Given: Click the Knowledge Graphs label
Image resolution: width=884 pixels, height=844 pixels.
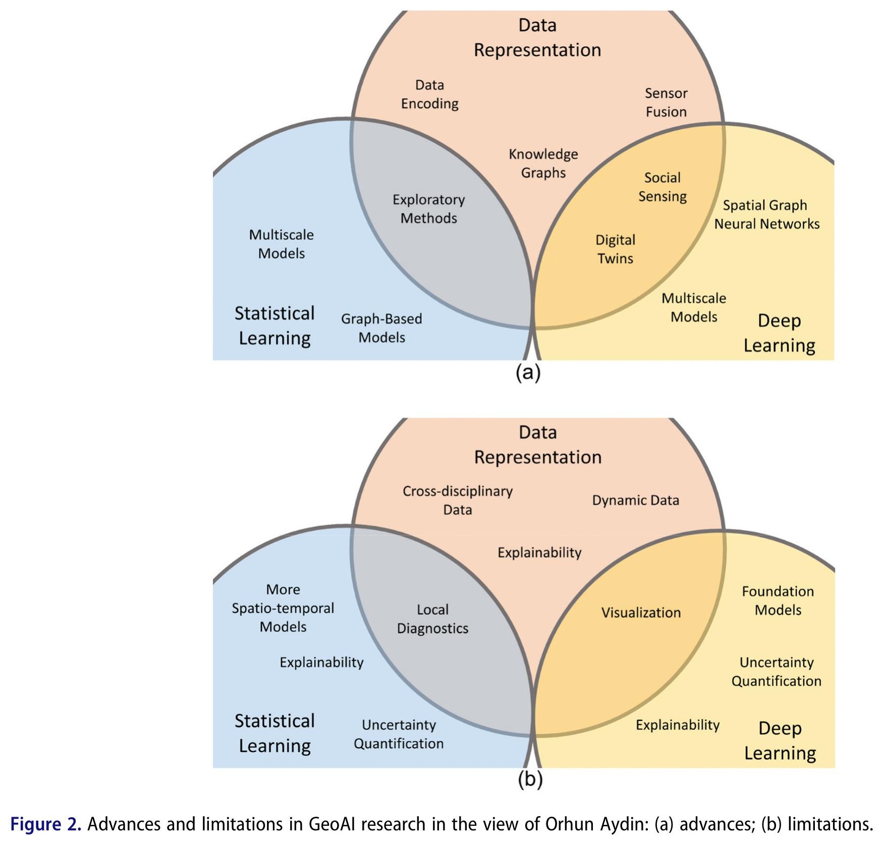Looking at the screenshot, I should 543,163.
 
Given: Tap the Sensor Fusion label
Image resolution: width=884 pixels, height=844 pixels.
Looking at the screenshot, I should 666,102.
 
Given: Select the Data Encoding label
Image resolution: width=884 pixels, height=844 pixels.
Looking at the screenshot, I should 429,94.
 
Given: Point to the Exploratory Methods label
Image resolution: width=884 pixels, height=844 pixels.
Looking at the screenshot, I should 429,209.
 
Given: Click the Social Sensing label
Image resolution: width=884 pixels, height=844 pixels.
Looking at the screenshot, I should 662,187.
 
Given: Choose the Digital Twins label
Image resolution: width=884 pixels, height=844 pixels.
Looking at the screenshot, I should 615,249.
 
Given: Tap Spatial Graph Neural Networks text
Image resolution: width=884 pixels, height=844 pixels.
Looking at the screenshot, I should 766,214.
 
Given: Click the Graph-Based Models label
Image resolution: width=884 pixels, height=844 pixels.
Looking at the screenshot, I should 381,328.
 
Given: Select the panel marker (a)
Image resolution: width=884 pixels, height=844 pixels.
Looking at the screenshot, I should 528,373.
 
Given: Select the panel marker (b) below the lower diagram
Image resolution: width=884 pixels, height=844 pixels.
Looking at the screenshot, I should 530,779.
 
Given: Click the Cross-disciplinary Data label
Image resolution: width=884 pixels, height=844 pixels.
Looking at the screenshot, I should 458,500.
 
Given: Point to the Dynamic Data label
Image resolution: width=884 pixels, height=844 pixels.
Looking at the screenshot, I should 635,500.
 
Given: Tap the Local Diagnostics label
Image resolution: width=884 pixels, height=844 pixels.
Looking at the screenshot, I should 432,619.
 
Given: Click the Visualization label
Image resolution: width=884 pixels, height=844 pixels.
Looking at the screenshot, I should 641,613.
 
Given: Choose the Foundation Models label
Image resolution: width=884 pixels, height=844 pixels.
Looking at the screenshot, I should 778,601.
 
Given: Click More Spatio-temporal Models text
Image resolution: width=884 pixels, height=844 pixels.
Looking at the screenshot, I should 283,608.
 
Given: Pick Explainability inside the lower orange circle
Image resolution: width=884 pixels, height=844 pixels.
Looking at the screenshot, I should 539,553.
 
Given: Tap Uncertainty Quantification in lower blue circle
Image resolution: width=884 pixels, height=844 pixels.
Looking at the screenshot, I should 399,734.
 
